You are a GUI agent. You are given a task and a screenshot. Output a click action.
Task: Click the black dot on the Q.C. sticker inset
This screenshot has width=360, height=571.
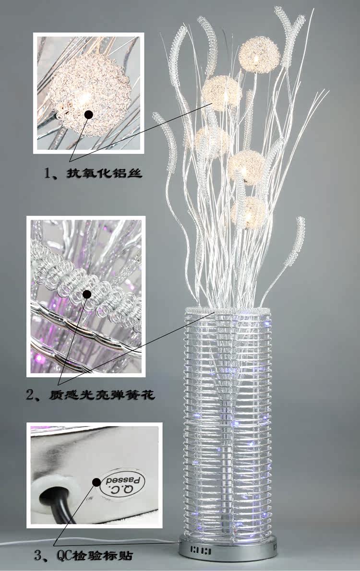pyautogui.click(x=96, y=482)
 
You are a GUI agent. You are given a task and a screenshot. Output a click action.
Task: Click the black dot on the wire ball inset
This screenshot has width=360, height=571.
pyautogui.click(x=88, y=114)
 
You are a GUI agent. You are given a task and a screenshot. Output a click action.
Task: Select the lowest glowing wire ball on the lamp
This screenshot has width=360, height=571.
pyautogui.click(x=249, y=212)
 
